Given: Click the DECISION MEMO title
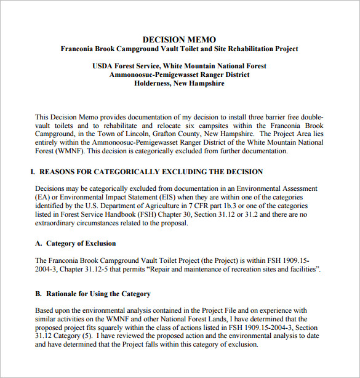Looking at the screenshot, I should click(179, 39).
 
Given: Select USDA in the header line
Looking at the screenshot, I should click(103, 66).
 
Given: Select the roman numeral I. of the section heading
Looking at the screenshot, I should click(33, 172).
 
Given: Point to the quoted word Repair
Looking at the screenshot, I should click(182, 270).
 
